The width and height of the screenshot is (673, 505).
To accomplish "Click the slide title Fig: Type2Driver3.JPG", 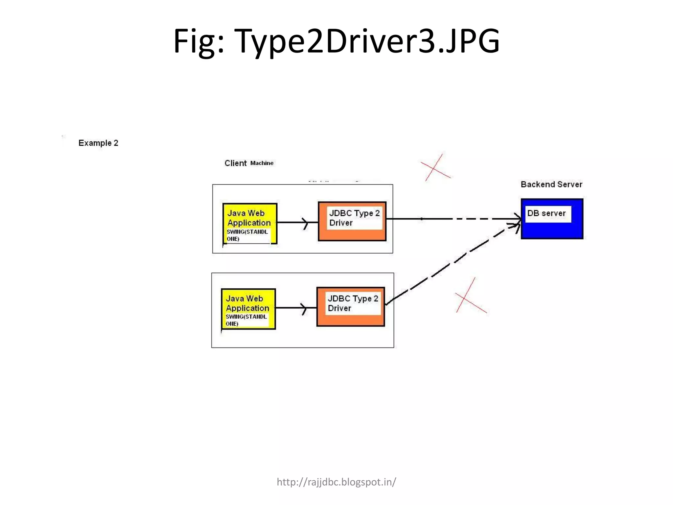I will tap(336, 41).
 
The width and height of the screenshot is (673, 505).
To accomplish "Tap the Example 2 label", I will tap(98, 143).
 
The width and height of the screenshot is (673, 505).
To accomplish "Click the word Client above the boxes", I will tap(235, 163).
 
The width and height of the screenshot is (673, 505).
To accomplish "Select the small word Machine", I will tap(262, 163).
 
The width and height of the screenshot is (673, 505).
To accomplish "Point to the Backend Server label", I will tap(551, 184).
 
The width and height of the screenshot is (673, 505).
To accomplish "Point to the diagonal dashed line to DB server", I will tap(453, 262).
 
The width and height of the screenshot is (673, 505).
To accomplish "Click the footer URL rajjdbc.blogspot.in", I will tap(336, 482).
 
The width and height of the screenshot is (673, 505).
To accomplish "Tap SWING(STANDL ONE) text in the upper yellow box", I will tap(247, 235).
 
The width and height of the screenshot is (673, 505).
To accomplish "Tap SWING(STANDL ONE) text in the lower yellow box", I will tap(246, 320).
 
